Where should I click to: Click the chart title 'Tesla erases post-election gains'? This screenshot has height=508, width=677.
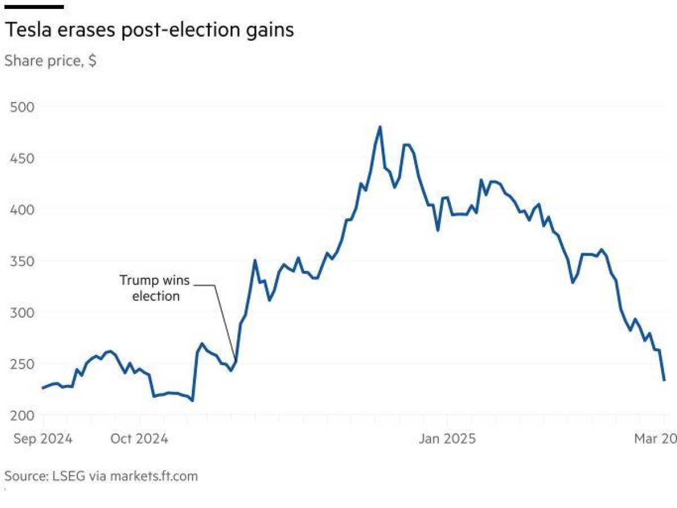pos(149,30)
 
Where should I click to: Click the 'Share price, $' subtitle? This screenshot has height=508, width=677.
pos(50,61)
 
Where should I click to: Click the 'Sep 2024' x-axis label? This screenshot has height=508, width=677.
pos(43,439)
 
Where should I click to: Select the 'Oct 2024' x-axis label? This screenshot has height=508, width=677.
pos(139,439)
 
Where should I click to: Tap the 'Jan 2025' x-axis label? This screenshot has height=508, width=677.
pos(447,439)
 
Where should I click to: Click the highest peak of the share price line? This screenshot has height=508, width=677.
pos(380,127)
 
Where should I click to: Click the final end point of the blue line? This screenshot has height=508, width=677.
pos(664,380)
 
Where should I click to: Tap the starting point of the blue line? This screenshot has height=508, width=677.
pos(43,388)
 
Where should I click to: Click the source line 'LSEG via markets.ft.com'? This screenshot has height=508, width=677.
pos(101,476)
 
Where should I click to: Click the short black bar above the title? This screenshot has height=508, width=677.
pos(34,7)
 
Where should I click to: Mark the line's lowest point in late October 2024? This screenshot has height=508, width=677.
pos(192,401)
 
